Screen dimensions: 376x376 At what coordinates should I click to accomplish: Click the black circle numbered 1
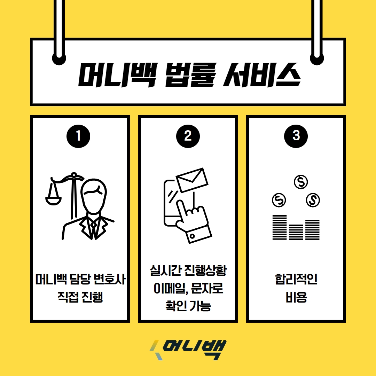click(78, 136)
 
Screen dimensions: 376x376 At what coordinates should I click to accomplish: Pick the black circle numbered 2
click(188, 136)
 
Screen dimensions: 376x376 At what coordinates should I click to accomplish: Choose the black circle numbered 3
click(296, 136)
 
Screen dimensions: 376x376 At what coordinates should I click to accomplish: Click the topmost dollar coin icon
click(301, 181)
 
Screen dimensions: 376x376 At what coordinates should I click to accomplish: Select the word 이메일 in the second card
click(167, 289)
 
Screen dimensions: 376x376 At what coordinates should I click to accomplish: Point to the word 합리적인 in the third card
click(296, 279)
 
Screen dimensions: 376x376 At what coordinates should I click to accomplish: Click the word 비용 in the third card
click(296, 298)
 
